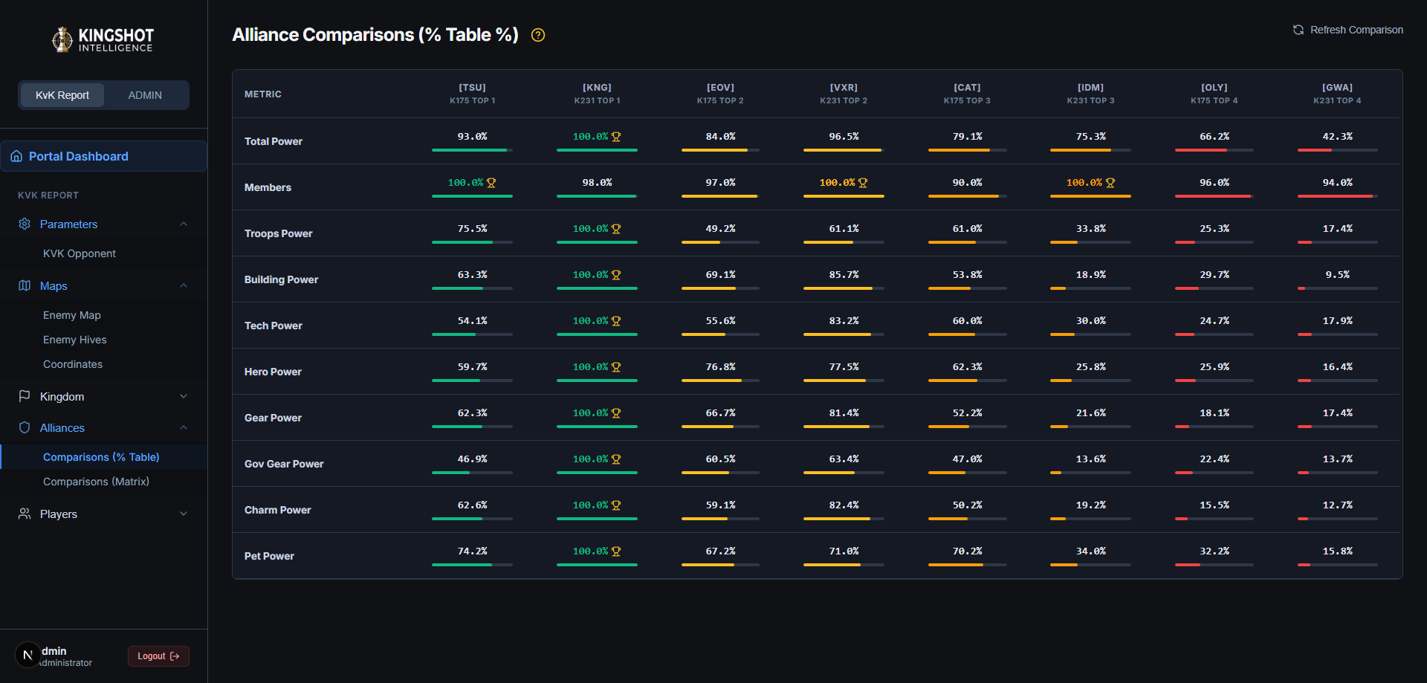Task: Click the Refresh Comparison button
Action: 1347,30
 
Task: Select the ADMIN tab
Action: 145,95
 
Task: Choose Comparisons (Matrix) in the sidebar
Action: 96,482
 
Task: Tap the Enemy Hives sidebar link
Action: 74,340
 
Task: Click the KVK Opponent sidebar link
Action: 80,253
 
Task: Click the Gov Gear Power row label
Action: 284,464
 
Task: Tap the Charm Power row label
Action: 278,510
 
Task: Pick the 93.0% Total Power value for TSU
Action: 472,137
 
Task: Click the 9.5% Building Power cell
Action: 1337,275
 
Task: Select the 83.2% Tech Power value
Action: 844,321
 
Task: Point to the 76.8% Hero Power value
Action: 720,367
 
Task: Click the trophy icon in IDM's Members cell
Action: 1110,183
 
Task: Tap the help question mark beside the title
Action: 538,35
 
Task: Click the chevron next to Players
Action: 184,514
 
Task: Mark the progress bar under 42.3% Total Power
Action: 1337,150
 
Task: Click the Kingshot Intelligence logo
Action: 103,39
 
